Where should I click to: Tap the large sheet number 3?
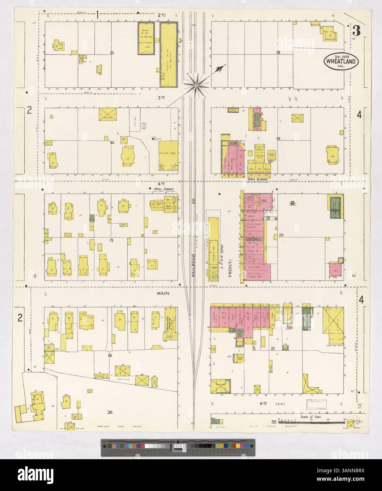pyautogui.click(x=356, y=31)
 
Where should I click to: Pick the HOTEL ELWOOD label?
pyautogui.click(x=257, y=179)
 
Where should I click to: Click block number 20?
pyautogui.click(x=281, y=235)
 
